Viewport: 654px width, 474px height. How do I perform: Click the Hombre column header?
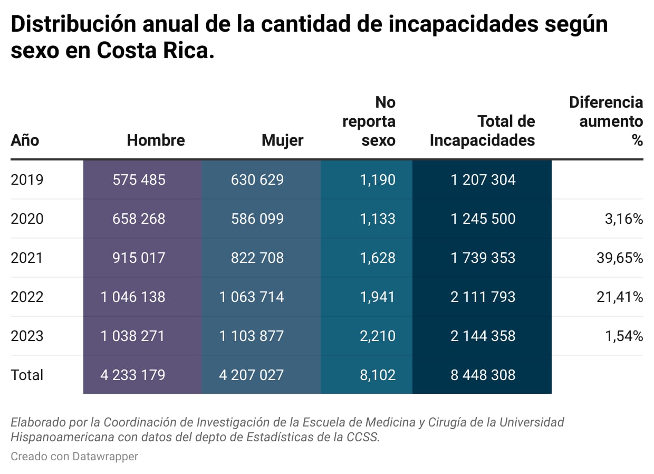point(156,140)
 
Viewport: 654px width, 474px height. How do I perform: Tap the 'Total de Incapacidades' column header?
point(482,130)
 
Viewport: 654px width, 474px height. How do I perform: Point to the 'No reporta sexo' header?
point(369,121)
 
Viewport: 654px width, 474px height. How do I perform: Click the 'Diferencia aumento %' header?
point(607,121)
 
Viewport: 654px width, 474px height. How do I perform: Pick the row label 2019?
point(27,180)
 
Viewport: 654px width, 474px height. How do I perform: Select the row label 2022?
point(27,297)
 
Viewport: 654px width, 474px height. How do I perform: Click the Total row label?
point(27,375)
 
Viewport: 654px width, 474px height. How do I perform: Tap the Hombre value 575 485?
point(139,180)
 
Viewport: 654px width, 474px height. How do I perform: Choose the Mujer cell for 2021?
point(257,258)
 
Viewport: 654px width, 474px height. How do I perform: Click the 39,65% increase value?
point(620,258)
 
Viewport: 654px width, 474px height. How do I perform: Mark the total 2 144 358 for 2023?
point(483,336)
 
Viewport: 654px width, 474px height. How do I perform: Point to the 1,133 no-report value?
point(377,219)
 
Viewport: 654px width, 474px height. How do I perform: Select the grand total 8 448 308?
point(483,375)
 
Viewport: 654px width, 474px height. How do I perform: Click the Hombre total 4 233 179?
point(133,375)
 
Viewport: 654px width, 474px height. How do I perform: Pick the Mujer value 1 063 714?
point(252,297)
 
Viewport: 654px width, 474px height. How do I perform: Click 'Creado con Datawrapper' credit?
point(74,456)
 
